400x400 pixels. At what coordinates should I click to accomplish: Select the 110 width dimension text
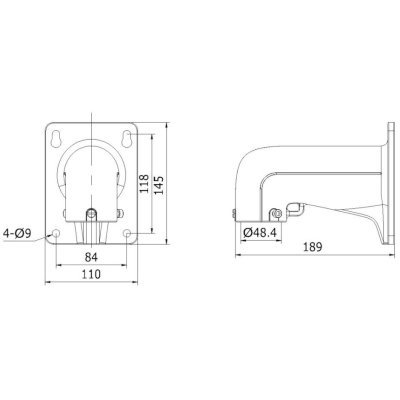[x=90, y=281]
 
